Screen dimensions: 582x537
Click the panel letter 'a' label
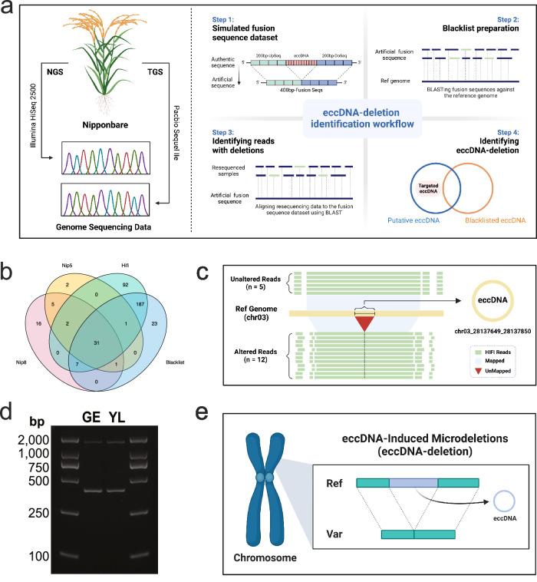(10, 11)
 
